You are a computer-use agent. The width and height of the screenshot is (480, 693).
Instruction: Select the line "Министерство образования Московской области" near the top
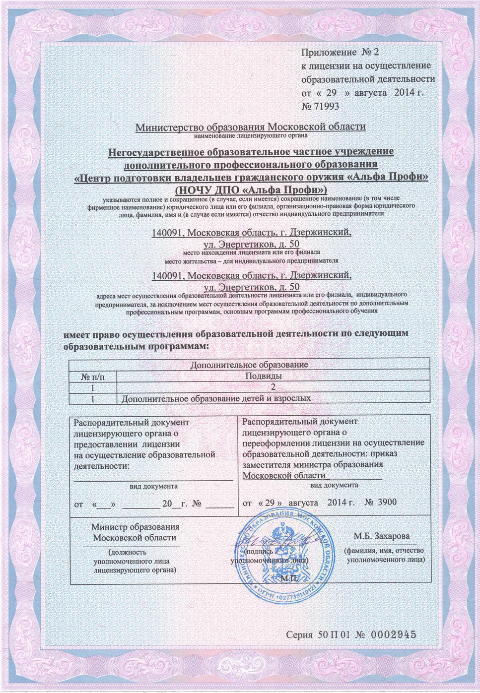251,127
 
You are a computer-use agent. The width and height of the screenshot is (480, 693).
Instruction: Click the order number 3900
387,503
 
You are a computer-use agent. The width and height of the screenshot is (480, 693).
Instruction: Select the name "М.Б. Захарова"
382,536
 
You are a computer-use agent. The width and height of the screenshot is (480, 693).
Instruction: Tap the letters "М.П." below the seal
288,578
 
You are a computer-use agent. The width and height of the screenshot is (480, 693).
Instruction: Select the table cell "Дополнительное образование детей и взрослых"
216,398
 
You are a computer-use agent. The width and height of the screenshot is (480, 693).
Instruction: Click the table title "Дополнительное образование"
249,365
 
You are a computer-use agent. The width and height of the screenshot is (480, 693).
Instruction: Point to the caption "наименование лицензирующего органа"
251,135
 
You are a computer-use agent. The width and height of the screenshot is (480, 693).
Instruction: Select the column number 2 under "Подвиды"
273,387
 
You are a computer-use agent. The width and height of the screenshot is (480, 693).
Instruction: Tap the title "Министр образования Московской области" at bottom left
135,532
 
